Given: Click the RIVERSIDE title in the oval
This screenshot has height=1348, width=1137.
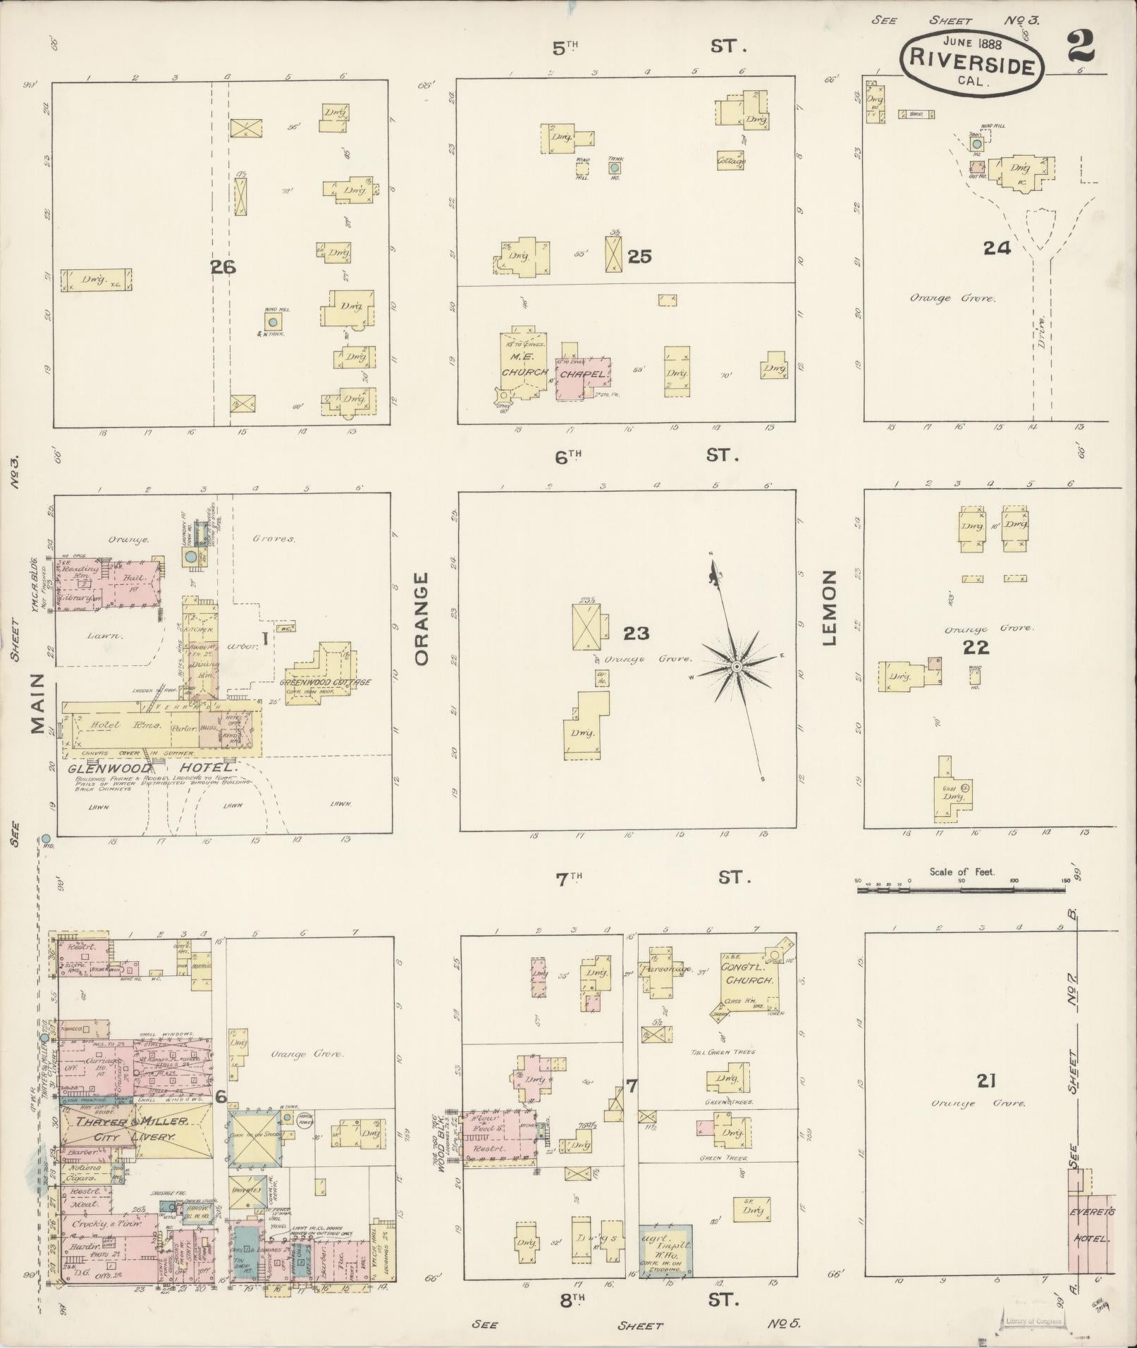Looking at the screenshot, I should pyautogui.click(x=971, y=58).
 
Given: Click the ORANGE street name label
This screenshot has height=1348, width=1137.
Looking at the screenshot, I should pyautogui.click(x=422, y=619).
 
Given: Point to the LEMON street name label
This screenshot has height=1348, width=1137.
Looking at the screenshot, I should pyautogui.click(x=828, y=608).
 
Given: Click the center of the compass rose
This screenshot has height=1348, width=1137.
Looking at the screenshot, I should pyautogui.click(x=736, y=666).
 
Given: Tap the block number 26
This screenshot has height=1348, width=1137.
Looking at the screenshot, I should pyautogui.click(x=222, y=267).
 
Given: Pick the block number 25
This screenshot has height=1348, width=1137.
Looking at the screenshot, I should pyautogui.click(x=639, y=256).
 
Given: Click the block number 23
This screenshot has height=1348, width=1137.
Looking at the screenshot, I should pyautogui.click(x=636, y=633).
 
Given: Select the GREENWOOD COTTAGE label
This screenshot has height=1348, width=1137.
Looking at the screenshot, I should pyautogui.click(x=325, y=682).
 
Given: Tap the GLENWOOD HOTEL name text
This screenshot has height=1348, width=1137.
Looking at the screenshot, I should pyautogui.click(x=152, y=767).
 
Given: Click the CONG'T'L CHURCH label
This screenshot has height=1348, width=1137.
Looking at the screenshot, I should pyautogui.click(x=749, y=974).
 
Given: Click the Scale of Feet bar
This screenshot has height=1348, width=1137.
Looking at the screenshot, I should pyautogui.click(x=961, y=890).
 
